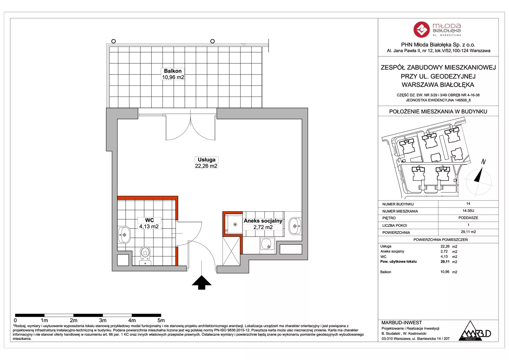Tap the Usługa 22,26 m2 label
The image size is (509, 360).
[206, 163]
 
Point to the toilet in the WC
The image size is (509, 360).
[145, 256]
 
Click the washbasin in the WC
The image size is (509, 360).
[124, 235]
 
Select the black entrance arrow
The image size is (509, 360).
[202, 282]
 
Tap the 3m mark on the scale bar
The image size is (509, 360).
[103, 315]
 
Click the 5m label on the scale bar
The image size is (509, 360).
[161, 321]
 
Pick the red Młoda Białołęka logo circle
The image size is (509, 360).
[422, 30]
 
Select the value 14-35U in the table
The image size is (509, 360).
[468, 211]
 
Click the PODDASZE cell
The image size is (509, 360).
[468, 218]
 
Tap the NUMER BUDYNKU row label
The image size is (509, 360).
[398, 204]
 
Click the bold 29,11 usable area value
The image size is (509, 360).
[445, 262]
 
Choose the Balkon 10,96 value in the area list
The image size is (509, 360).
[445, 272]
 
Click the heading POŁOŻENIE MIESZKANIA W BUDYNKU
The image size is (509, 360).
[438, 112]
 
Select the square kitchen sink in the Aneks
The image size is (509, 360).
[268, 244]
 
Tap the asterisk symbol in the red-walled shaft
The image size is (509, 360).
[235, 224]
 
